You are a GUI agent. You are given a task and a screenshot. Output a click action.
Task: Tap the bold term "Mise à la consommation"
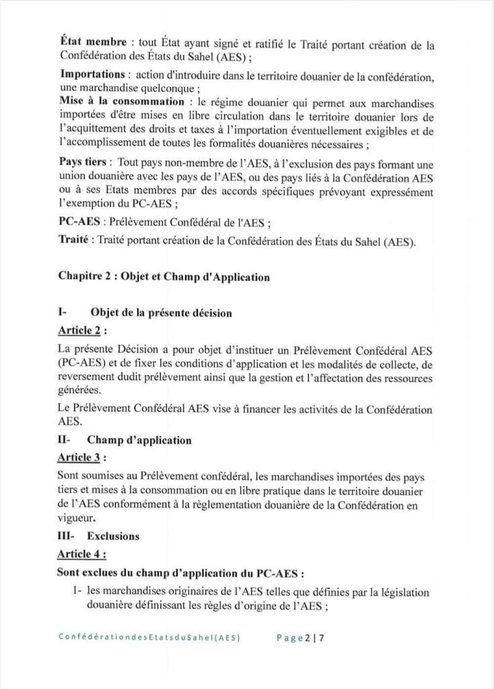117,101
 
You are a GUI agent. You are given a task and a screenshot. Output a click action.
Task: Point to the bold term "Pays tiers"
83,164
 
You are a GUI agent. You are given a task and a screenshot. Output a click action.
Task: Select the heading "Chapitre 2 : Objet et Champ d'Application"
164,277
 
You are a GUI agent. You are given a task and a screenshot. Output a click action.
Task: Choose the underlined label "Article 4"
81,554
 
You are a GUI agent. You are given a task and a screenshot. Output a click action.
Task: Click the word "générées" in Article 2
80,390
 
